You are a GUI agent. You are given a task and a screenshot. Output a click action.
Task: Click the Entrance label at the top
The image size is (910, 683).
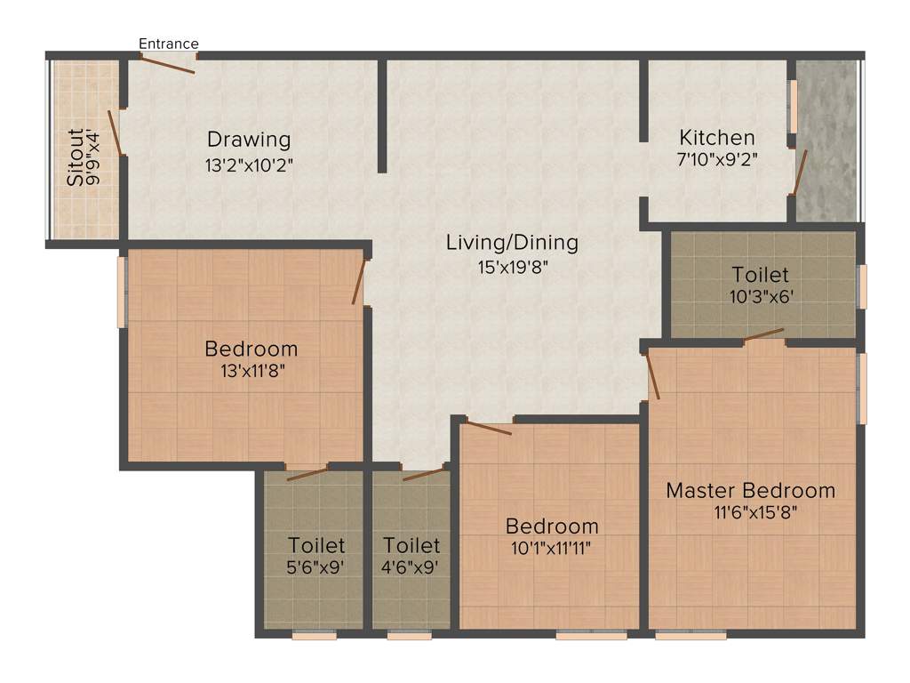(x=169, y=44)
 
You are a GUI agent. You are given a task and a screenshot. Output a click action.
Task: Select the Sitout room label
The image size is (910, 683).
(x=76, y=157)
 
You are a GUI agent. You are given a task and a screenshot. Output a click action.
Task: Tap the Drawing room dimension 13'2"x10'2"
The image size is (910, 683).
(x=249, y=165)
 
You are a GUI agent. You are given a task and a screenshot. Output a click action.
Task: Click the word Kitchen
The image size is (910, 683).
(x=717, y=138)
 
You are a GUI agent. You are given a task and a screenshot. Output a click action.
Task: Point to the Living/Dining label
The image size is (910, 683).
(x=512, y=242)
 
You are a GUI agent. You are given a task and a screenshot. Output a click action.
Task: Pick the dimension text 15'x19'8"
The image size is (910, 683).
(x=512, y=266)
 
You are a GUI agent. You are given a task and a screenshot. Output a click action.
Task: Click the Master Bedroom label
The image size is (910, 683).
(x=751, y=490)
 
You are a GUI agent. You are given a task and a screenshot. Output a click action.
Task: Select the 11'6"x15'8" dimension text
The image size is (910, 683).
(x=751, y=513)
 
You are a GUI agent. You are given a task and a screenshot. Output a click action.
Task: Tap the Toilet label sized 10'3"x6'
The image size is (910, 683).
(x=760, y=275)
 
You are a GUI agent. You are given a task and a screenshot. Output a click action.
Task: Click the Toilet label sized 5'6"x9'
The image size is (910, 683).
(x=316, y=544)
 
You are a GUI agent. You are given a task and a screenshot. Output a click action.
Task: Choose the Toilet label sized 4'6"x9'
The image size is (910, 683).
(x=411, y=544)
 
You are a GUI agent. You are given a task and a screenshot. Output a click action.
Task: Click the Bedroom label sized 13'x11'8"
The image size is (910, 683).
(x=251, y=348)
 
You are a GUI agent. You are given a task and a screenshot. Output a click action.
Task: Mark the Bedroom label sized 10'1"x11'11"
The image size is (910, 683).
(x=552, y=526)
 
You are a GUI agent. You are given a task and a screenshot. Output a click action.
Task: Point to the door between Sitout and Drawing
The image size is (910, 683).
(x=116, y=133)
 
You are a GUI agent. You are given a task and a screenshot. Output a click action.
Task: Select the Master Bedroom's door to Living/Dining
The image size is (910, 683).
(x=653, y=374)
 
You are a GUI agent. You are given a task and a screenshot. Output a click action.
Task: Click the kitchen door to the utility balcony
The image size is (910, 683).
(x=800, y=172)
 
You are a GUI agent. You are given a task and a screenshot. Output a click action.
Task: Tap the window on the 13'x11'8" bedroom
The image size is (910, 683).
(x=123, y=292)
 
